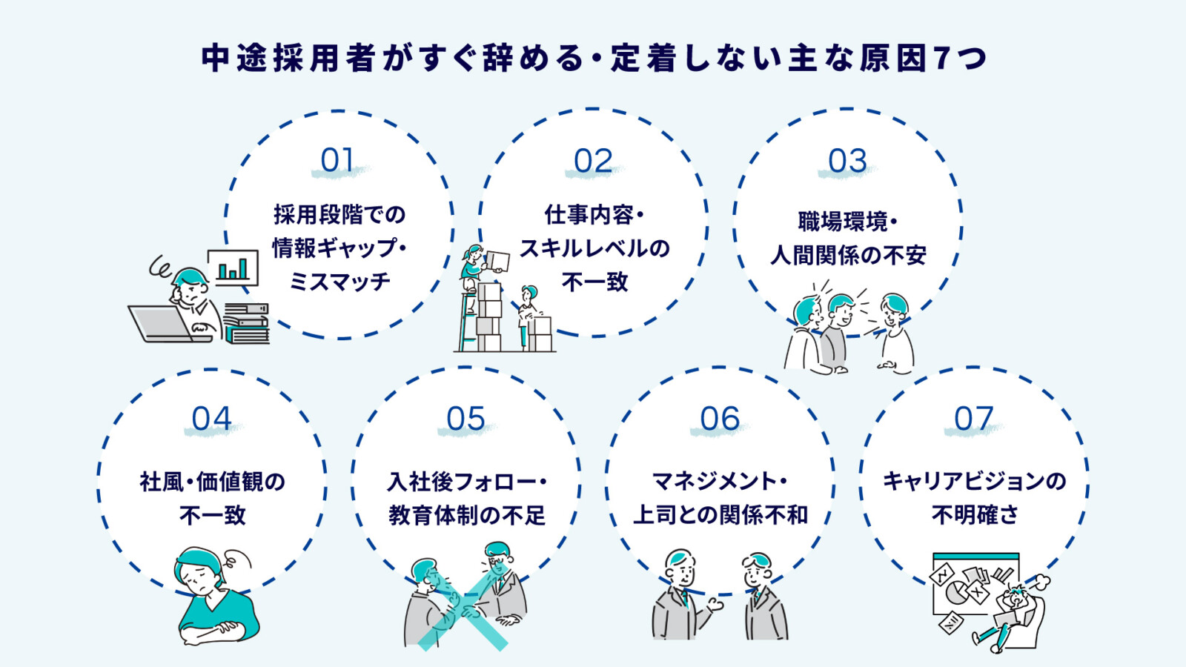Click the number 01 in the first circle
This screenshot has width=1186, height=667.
tap(337, 160)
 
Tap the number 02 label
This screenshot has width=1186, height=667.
tap(593, 161)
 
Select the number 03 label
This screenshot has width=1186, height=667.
tap(847, 161)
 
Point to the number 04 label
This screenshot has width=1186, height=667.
tap(211, 419)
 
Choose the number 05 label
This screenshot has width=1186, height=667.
tap(466, 419)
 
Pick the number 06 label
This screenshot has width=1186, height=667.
tap(720, 419)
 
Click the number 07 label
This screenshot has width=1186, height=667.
tap(973, 419)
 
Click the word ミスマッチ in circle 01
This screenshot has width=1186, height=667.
tap(339, 282)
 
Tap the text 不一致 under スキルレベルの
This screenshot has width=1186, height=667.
tap(594, 282)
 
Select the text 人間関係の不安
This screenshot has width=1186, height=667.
tap(848, 256)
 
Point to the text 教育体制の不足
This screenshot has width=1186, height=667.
tap(466, 515)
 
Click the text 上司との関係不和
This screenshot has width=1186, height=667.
tap(720, 515)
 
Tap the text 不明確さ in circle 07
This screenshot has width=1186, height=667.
tap(975, 514)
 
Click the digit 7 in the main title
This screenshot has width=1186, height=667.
tap(942, 58)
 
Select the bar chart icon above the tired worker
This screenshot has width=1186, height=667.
tap(233, 268)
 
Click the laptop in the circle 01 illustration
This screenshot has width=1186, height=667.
tap(160, 325)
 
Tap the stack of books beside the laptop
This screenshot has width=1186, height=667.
tap(247, 325)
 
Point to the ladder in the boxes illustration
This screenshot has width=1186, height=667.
tap(467, 322)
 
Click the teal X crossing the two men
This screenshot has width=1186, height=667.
tap(462, 614)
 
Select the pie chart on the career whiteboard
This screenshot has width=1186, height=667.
tap(957, 594)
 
